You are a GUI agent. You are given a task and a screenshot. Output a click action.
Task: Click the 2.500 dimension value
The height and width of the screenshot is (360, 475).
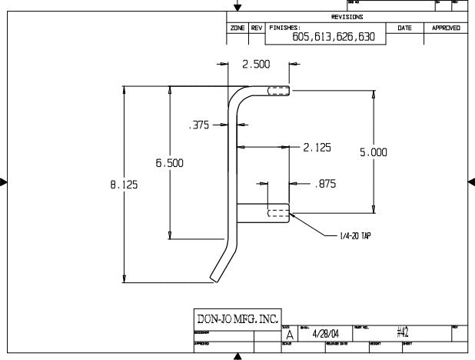click(256, 64)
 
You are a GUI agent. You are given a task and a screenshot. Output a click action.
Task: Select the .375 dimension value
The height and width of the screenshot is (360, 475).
click(200, 126)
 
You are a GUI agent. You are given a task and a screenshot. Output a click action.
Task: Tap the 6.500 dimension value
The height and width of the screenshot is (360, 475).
click(169, 163)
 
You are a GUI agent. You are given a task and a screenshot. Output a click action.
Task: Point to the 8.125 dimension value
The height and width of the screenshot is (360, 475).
click(124, 184)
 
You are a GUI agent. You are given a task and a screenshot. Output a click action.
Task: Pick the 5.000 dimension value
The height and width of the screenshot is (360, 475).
click(374, 153)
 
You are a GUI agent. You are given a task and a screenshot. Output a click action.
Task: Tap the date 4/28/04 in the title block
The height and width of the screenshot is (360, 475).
click(326, 334)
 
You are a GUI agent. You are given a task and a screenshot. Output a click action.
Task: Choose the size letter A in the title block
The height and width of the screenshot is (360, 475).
click(289, 335)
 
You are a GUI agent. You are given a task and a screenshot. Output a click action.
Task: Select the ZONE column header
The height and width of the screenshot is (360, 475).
click(238, 28)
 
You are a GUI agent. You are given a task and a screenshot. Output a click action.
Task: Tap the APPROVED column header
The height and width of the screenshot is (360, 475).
click(446, 28)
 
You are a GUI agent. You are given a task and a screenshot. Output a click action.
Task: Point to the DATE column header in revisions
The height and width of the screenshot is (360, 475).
click(404, 28)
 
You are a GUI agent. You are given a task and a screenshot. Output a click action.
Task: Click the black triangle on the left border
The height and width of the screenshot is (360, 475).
click(4, 182)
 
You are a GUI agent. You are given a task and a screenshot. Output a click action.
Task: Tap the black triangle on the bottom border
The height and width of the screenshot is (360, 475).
click(237, 356)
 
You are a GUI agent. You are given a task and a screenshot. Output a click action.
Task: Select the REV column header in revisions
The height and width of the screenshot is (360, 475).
click(257, 28)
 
